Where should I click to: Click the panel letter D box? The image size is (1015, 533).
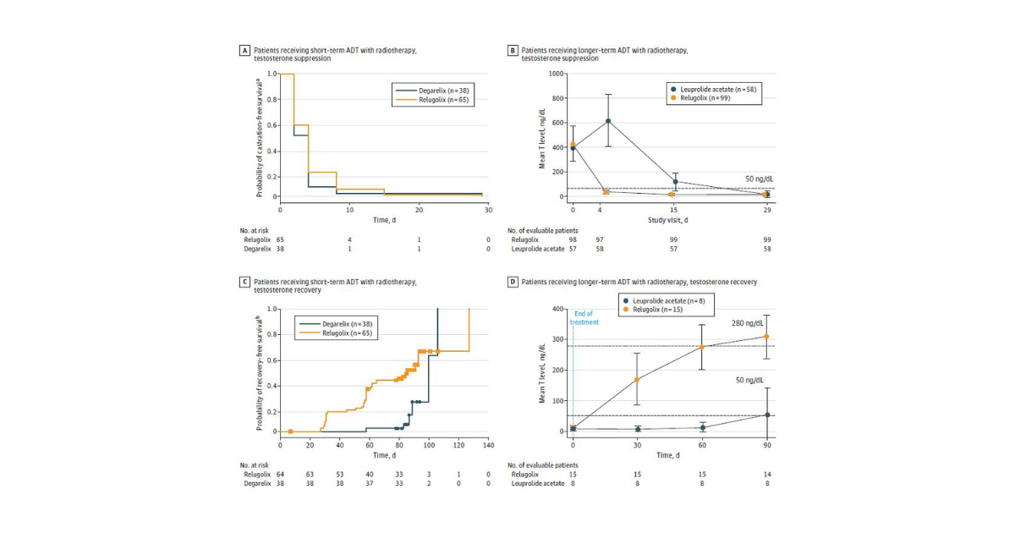(512, 281)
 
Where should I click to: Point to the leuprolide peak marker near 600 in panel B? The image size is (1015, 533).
(607, 121)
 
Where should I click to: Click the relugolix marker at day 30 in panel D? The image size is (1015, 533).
(637, 379)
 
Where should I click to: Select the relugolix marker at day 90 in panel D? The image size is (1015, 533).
(766, 337)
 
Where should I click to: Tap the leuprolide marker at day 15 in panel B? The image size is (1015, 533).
(675, 182)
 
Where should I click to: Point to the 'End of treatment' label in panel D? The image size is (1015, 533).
(584, 319)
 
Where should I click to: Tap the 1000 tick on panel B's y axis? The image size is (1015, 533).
(556, 74)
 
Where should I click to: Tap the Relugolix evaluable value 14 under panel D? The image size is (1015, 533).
(766, 474)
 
